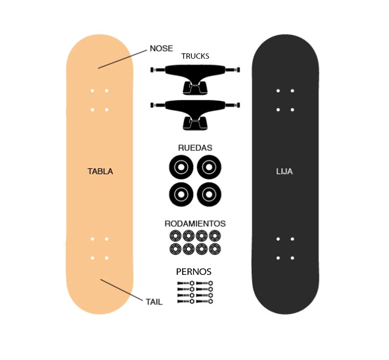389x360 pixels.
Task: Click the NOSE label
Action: click(161, 49)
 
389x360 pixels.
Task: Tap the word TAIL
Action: click(154, 302)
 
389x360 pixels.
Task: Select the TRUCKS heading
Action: click(195, 57)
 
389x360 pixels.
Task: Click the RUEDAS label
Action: click(195, 148)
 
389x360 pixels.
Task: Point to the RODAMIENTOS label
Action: click(195, 224)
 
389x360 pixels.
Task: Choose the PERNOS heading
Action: click(194, 272)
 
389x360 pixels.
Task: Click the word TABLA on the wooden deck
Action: click(100, 171)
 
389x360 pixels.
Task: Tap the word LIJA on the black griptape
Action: click(284, 171)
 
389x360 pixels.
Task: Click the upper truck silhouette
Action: click(195, 79)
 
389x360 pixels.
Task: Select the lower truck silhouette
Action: click(195, 115)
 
